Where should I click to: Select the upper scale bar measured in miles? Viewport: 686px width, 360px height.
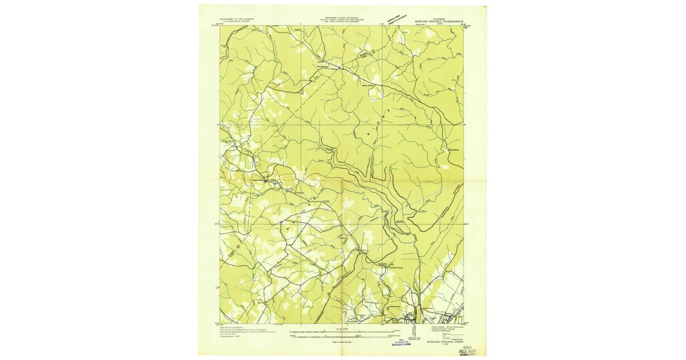(341, 331)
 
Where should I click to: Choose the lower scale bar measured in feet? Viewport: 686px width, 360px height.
(341, 337)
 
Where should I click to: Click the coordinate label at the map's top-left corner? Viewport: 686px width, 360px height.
(216, 25)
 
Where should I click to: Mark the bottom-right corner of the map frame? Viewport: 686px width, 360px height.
(464, 323)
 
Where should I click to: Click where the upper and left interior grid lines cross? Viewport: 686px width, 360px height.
(301, 124)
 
